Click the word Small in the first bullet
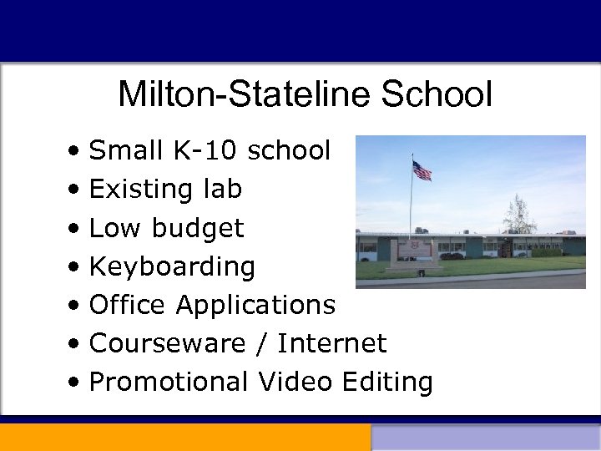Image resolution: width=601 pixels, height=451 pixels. coord(126,151)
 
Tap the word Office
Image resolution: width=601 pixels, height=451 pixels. coord(129,305)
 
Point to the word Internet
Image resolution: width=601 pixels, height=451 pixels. coord(332,343)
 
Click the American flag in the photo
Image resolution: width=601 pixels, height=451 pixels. coord(422,171)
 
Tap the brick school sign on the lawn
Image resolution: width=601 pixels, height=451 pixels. coord(414,251)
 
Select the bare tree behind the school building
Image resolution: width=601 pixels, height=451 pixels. coord(519,215)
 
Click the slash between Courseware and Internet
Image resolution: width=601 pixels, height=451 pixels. coord(265,343)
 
